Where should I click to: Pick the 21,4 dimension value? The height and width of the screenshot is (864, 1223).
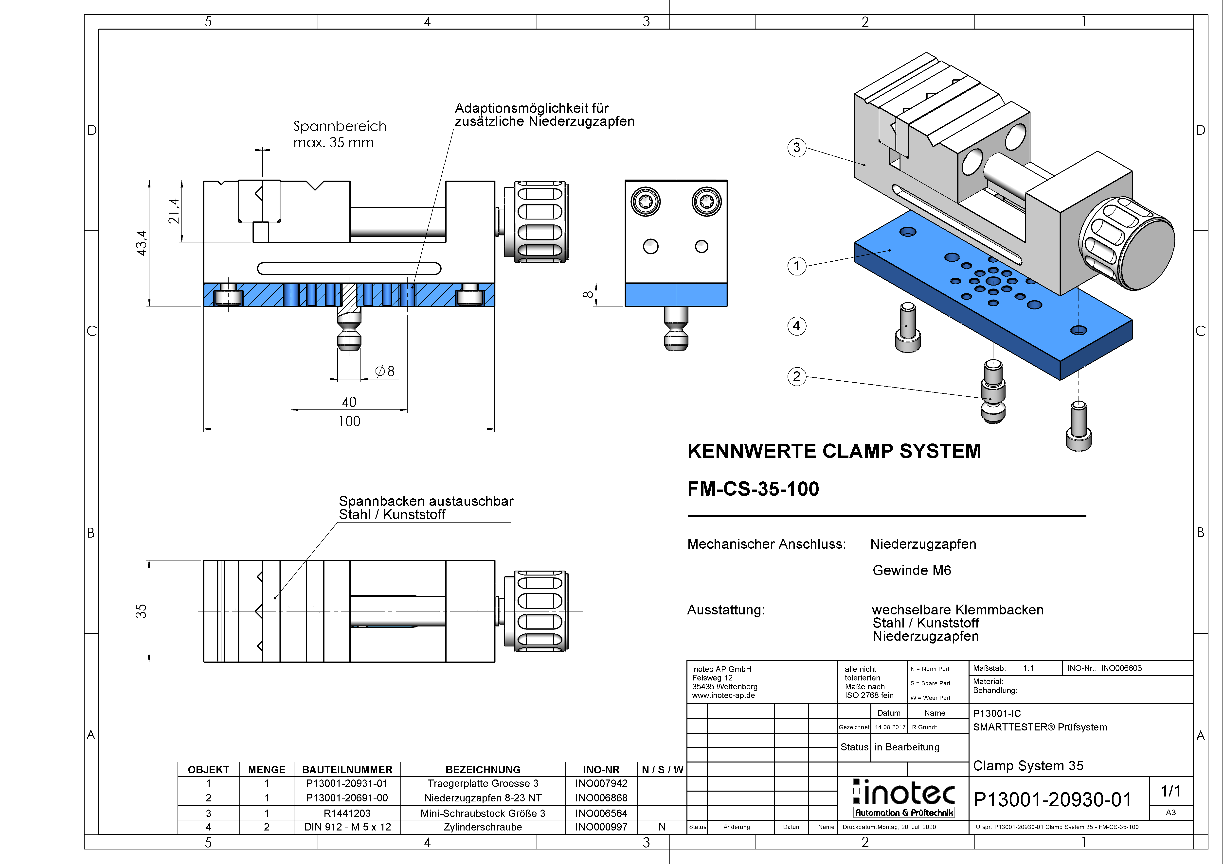click(x=174, y=211)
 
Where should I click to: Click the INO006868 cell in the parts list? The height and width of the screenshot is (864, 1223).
click(x=601, y=798)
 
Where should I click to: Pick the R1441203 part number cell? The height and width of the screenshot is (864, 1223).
click(x=347, y=813)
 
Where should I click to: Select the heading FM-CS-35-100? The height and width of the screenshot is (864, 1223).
click(x=753, y=489)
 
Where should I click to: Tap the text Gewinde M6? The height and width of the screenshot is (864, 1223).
click(x=911, y=571)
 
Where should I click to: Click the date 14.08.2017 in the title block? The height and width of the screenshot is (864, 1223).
click(x=890, y=727)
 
